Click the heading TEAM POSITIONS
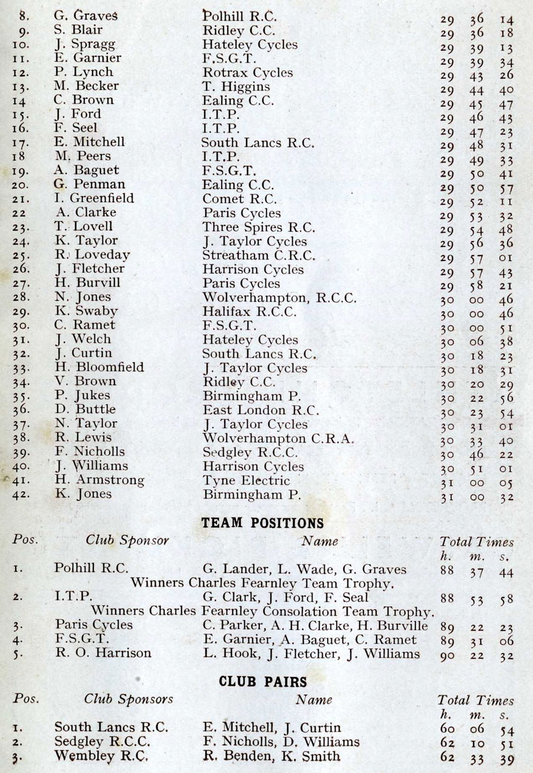(262, 523)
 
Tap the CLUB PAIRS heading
(262, 682)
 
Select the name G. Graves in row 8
(85, 16)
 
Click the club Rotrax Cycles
(248, 73)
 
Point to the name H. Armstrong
(99, 480)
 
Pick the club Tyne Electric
(247, 480)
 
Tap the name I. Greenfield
(94, 199)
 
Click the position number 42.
(20, 494)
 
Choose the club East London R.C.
(261, 410)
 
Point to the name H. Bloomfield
(99, 368)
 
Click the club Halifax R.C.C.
(250, 312)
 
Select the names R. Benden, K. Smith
(271, 756)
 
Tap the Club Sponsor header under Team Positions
(127, 540)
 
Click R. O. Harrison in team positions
(104, 654)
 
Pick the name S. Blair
(78, 30)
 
